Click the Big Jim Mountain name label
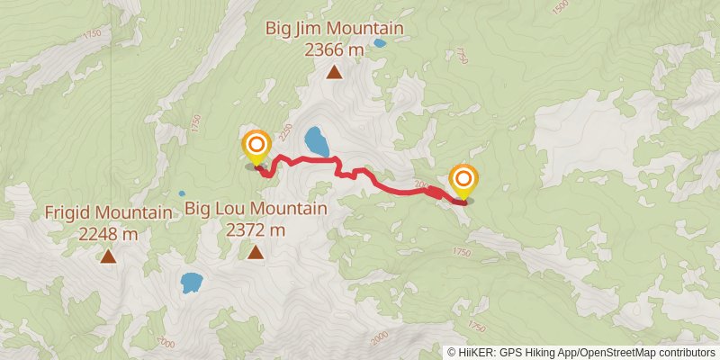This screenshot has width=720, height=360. click(334, 29)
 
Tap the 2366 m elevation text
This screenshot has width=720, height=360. click(334, 49)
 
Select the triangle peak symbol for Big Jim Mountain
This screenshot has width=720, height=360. click(334, 73)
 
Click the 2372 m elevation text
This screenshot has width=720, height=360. click(256, 230)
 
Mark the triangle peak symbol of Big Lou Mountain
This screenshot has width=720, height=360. click(256, 254)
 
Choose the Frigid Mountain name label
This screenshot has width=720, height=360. click(108, 213)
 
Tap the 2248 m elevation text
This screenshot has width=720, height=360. click(108, 234)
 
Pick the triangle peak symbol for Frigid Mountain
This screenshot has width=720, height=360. click(108, 257)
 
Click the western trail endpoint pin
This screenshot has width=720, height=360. click(256, 146)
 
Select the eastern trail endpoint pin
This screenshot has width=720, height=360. click(463, 180)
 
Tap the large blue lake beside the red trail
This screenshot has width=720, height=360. click(315, 141)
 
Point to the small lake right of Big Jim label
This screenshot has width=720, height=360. click(380, 42)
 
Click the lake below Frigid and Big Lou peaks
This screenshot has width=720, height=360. click(191, 283)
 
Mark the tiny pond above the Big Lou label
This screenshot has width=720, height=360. click(182, 193)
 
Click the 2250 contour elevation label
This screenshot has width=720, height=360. click(285, 133)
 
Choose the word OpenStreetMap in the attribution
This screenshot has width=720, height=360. click(612, 352)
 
